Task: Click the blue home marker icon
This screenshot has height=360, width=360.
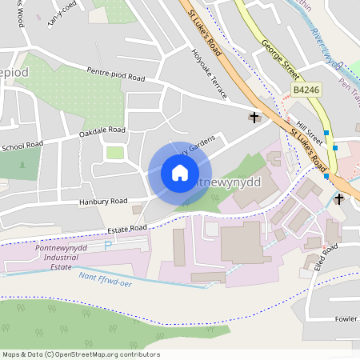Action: point(180,173)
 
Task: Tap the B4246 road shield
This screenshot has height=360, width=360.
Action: point(306,90)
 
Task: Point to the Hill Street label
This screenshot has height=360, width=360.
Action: point(308,129)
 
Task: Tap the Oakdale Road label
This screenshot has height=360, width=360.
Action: point(102,130)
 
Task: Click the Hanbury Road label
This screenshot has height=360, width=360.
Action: point(103,201)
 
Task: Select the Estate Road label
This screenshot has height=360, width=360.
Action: point(127,228)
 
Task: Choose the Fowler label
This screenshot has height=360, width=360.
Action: point(346,318)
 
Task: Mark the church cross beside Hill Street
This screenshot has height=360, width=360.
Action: point(255,118)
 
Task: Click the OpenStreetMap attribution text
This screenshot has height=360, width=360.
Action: point(80,354)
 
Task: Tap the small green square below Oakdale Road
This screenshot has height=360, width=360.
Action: point(116,152)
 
